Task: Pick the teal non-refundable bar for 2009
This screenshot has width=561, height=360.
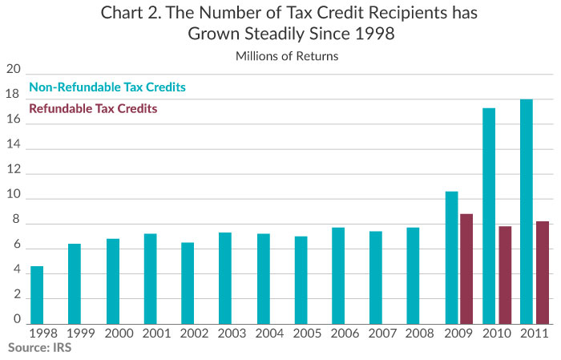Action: (x=451, y=257)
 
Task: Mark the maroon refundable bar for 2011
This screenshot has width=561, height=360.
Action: (x=543, y=272)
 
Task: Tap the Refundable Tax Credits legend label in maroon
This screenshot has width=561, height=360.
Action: (x=93, y=108)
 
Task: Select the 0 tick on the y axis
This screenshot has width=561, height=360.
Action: (x=16, y=320)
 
